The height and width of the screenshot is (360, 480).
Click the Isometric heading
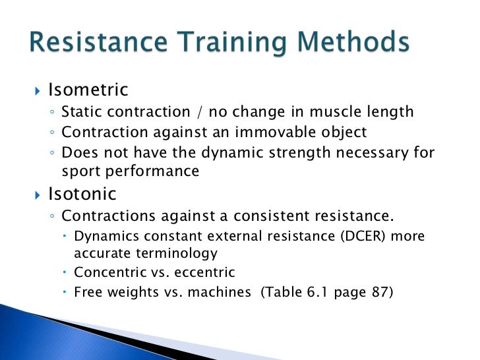coord(88,90)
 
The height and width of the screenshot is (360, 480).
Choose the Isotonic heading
coord(82,194)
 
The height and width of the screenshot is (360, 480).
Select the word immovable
coord(275,133)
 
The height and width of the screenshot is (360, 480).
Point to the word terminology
coord(177,253)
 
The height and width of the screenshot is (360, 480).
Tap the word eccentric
coord(203,272)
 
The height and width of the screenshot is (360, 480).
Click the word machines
coord(218,291)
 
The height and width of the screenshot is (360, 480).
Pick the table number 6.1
coord(309,291)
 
